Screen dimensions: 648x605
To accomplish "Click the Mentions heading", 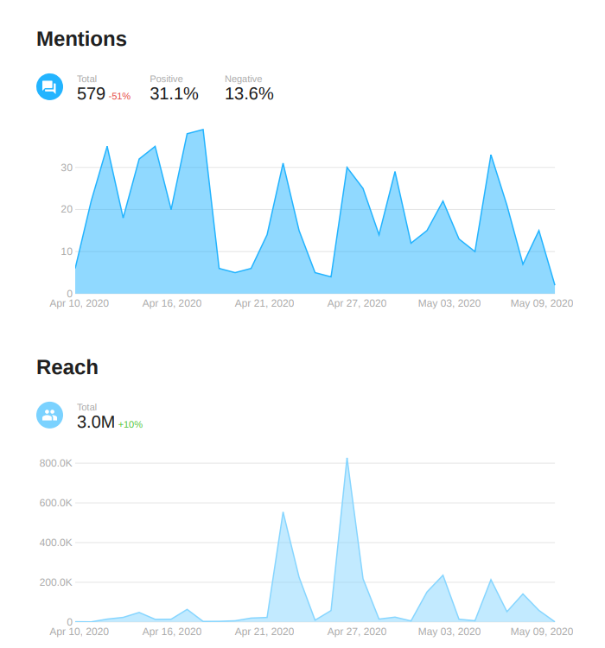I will tap(81, 39).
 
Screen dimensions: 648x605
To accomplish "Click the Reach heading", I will tap(67, 367).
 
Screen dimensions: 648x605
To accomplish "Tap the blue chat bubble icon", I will tap(49, 86).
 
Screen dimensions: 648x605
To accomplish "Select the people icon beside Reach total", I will tap(49, 415).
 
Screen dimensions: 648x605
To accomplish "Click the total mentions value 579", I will tap(91, 93).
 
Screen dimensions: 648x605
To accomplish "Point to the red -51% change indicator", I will tap(119, 96).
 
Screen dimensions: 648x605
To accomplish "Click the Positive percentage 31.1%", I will tap(174, 93).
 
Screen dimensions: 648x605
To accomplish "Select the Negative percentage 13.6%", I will tap(249, 93).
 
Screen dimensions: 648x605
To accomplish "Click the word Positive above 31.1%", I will tap(166, 79).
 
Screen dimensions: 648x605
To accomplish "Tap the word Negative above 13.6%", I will tap(244, 79).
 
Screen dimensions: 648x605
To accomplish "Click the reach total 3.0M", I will tap(95, 422).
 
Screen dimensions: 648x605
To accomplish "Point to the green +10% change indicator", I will tap(131, 424).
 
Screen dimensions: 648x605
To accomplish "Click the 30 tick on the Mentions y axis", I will tap(66, 167).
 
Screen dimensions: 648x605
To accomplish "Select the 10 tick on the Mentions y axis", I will tap(66, 251).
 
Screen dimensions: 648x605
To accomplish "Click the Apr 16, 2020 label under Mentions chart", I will tap(172, 303).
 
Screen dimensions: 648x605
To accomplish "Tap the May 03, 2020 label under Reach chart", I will tap(449, 632).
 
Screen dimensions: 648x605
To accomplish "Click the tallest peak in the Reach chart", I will tap(347, 459).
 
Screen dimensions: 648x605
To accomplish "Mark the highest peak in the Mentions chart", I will tap(203, 130).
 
